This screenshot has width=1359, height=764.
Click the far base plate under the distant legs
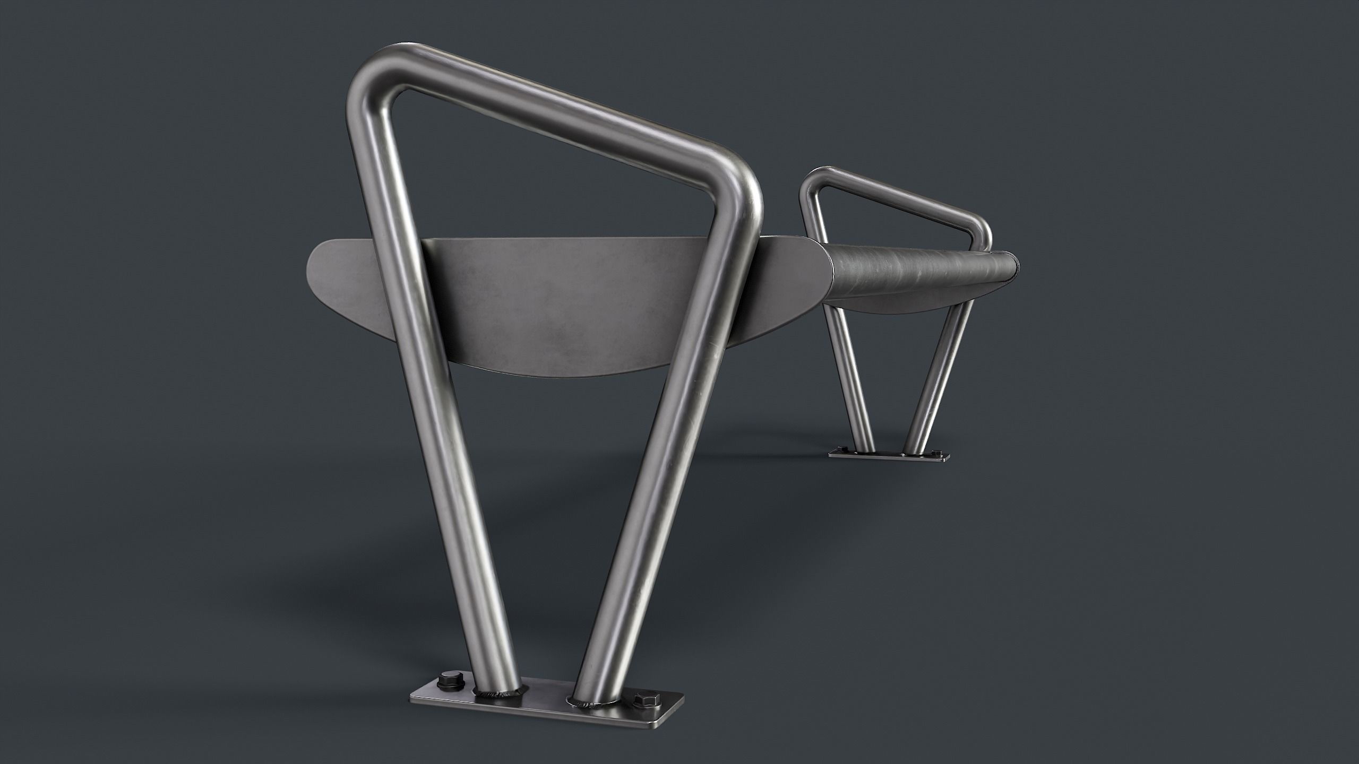click(888, 455)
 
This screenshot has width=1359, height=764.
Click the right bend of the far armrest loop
click(983, 233)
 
